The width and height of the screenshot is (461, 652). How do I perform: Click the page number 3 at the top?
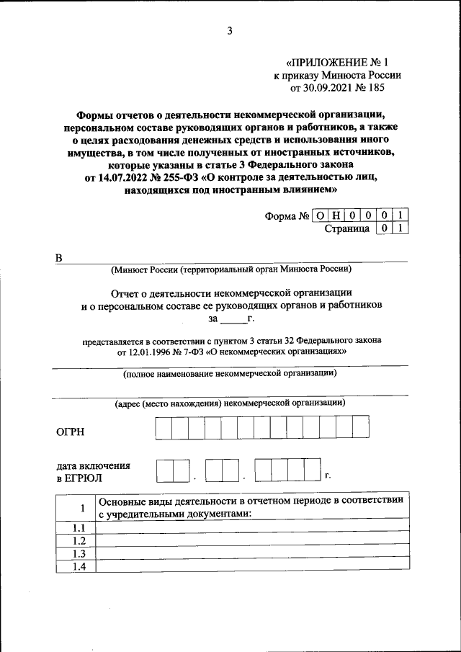point(230,30)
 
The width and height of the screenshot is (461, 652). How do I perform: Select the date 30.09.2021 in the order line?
point(333,89)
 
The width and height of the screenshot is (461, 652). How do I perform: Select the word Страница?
point(347,229)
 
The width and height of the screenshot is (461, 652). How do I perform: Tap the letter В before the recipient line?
point(60,258)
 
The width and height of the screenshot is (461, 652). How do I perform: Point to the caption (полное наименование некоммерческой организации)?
point(230,373)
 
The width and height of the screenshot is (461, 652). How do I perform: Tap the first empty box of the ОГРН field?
point(162,427)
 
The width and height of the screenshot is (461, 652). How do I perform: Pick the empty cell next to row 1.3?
point(252,553)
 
